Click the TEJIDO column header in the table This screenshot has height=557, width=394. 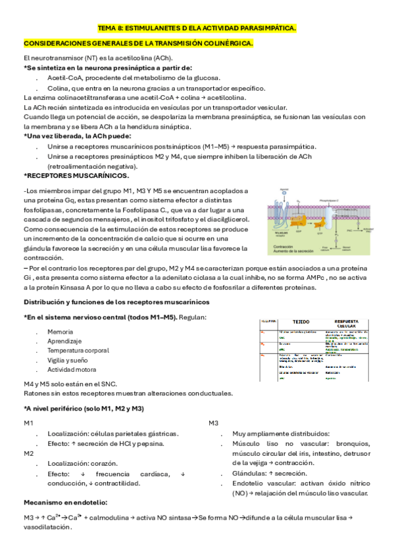click(301, 322)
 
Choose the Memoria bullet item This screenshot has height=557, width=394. click(60, 332)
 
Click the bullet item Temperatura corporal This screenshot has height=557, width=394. click(78, 351)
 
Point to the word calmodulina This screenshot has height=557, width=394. click(109, 517)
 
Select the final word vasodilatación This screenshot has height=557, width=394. click(47, 527)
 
